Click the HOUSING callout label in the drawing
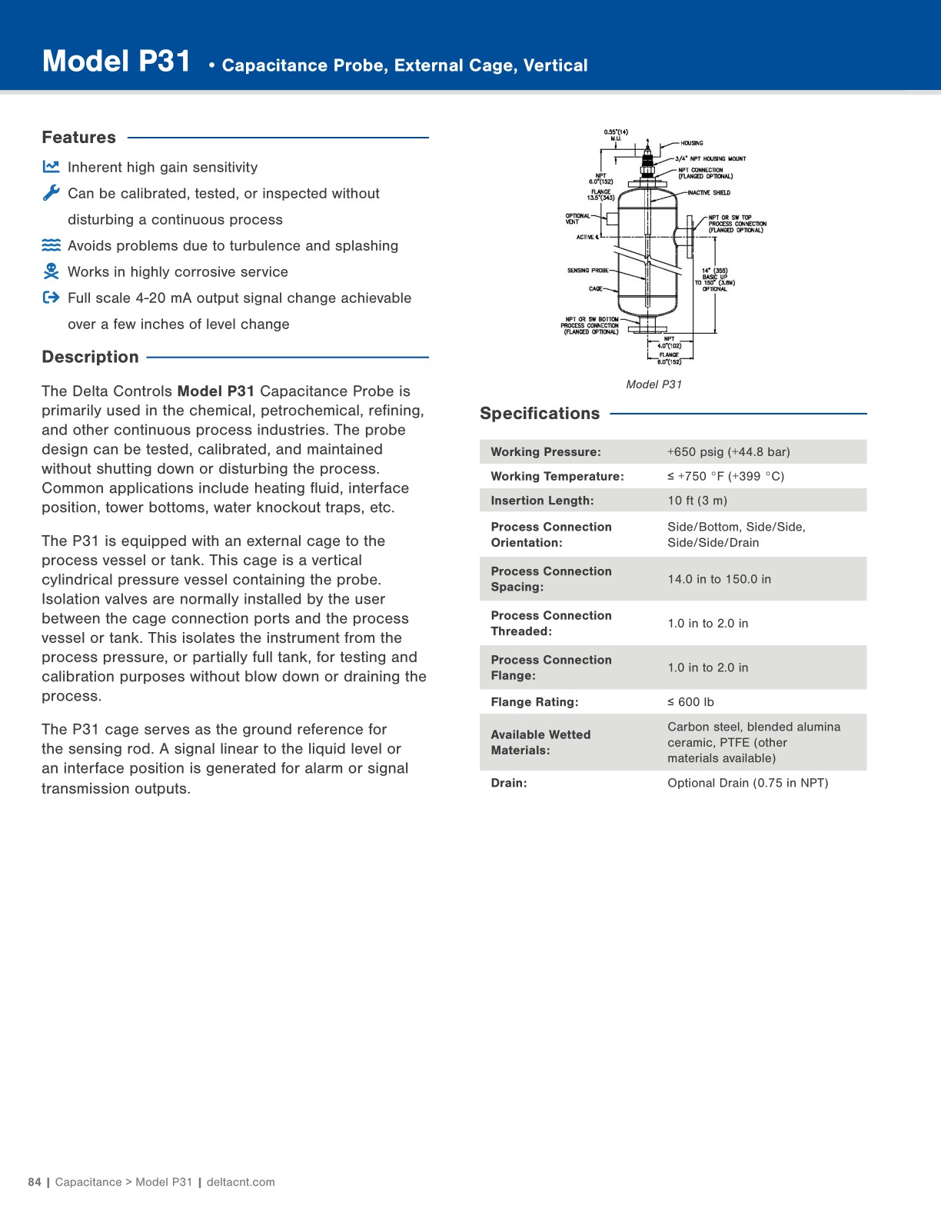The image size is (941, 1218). pyautogui.click(x=692, y=143)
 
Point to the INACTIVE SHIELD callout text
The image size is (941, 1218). pyautogui.click(x=709, y=193)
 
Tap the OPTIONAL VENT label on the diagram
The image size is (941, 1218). pyautogui.click(x=577, y=219)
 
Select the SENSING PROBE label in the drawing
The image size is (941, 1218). pyautogui.click(x=587, y=271)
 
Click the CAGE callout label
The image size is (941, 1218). pyautogui.click(x=595, y=289)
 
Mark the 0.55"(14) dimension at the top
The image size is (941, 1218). pyautogui.click(x=616, y=132)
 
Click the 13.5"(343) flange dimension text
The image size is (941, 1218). pyautogui.click(x=600, y=198)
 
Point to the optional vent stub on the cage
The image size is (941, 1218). pyautogui.click(x=613, y=218)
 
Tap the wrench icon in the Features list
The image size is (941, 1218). pyautogui.click(x=51, y=193)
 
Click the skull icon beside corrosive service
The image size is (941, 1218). pyautogui.click(x=51, y=271)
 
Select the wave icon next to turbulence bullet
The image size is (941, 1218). pyautogui.click(x=51, y=245)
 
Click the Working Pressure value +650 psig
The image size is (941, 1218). pyautogui.click(x=728, y=452)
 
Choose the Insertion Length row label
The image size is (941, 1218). pyautogui.click(x=542, y=501)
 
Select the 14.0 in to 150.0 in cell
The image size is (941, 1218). pyautogui.click(x=719, y=579)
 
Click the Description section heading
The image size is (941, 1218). pyautogui.click(x=90, y=357)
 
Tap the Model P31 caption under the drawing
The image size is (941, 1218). pyautogui.click(x=653, y=384)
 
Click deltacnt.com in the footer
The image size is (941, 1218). pyautogui.click(x=241, y=1182)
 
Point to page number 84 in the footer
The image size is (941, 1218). pyautogui.click(x=35, y=1182)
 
